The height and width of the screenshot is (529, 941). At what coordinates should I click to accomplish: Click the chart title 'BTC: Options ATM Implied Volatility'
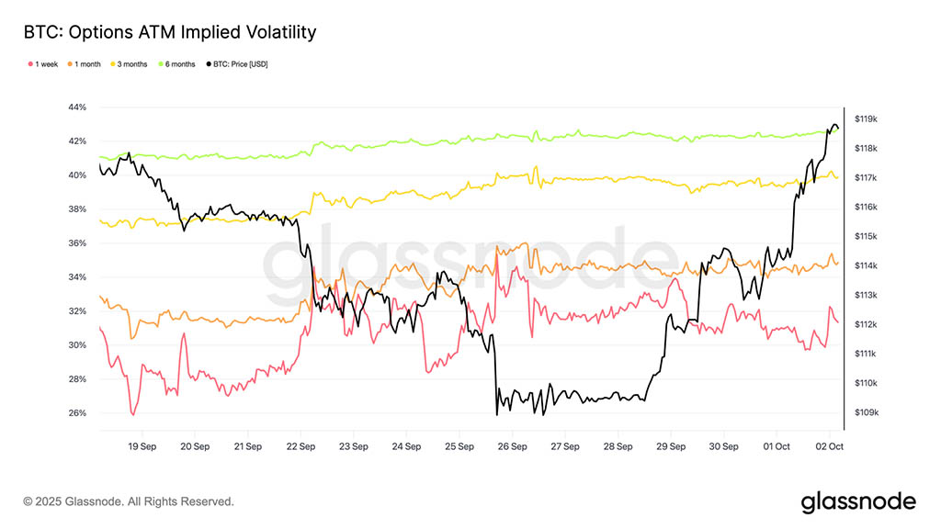(170, 33)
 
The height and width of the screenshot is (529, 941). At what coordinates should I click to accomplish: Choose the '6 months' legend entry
(178, 64)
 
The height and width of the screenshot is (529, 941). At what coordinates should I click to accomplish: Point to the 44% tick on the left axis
(77, 107)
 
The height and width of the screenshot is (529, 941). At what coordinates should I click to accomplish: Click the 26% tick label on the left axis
(77, 413)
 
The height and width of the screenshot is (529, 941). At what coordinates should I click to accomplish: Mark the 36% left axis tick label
(77, 243)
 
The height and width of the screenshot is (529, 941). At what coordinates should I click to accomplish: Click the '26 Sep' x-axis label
(512, 446)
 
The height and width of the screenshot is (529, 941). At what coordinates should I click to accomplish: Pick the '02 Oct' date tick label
(829, 446)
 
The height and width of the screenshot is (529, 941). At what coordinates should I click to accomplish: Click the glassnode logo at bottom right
(858, 501)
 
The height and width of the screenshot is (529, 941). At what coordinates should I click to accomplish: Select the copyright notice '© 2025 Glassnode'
(129, 501)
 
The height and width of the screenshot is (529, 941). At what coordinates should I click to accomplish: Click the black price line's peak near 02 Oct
(834, 124)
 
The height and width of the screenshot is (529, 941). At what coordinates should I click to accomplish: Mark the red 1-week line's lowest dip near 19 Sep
(133, 415)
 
